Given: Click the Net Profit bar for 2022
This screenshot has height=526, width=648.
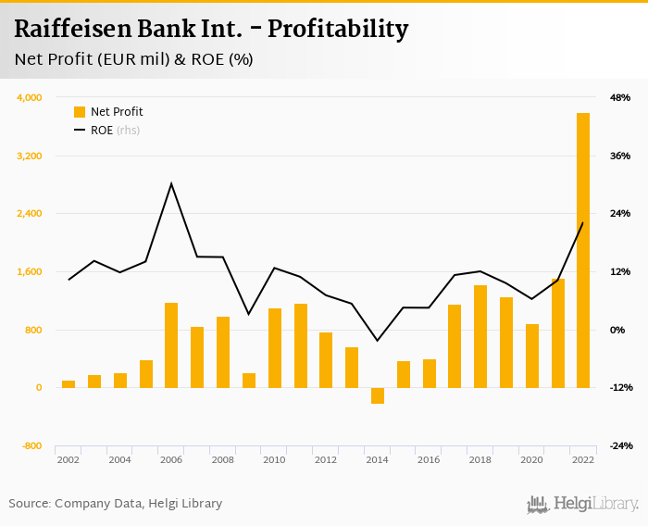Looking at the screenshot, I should coord(583,250).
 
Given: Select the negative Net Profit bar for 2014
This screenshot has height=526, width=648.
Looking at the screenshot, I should coord(378,395).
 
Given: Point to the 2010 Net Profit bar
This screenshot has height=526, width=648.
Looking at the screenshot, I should coord(275,348).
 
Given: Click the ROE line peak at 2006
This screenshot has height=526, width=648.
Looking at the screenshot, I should coord(171,183).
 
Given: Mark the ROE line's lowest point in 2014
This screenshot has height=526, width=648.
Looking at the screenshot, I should coord(378,341).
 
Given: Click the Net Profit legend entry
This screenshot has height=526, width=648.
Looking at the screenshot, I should coord(116,112).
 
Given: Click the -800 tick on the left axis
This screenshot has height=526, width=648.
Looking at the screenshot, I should coord(31,445).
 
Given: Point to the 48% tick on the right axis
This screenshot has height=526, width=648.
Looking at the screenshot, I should coord(619,97).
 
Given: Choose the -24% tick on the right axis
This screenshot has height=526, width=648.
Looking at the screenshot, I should coord(619,445).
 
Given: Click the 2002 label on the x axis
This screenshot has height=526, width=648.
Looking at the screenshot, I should coord(68,459).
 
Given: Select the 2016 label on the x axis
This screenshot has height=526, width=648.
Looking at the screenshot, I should coord(429,459).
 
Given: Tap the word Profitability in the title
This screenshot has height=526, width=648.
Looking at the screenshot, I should coord(338,30).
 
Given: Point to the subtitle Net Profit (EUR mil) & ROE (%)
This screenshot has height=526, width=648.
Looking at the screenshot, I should coord(133,59).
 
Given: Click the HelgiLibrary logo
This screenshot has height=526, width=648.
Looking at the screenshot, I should coord(583,504).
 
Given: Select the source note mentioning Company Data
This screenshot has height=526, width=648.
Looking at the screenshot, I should coord(116,504).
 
